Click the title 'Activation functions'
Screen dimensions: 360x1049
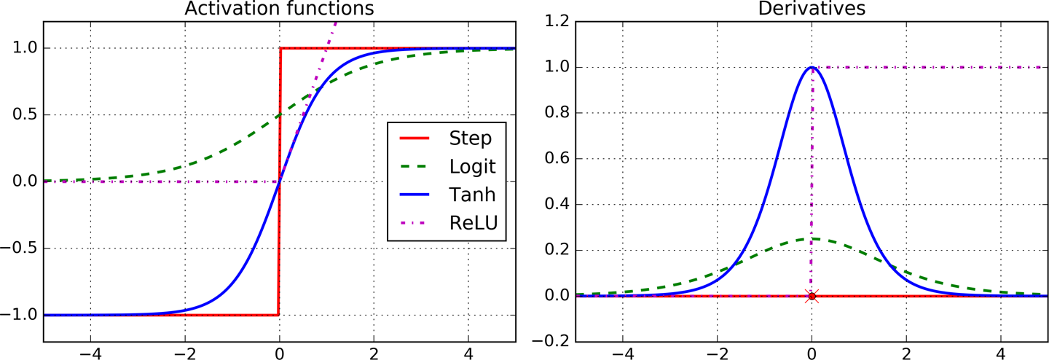[x=279, y=9]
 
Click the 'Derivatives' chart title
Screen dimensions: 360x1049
[x=812, y=9]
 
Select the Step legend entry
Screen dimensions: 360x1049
[x=471, y=138]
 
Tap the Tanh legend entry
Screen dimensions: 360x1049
[x=471, y=195]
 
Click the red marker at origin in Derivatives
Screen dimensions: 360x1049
[x=812, y=296]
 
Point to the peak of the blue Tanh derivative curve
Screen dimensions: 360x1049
[x=812, y=68]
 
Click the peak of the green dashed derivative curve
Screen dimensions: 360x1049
[x=812, y=238]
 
